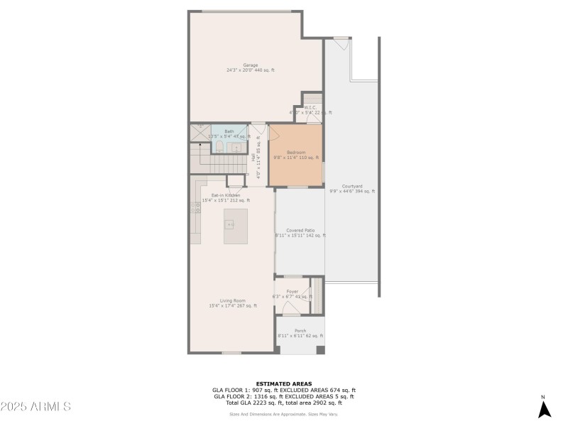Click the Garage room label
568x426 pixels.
click(251, 65)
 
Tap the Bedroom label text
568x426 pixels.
click(296, 152)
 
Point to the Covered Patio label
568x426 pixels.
click(300, 230)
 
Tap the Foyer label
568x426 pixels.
click(292, 291)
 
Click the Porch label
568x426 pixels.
click(300, 330)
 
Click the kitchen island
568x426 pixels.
click(236, 226)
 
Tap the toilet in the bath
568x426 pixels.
click(219, 146)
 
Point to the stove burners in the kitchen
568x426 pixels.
click(195, 207)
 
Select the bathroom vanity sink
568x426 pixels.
click(237, 148)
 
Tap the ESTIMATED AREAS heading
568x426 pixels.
click(283, 383)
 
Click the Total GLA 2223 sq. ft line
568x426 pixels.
click(283, 403)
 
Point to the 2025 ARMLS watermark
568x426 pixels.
click(35, 407)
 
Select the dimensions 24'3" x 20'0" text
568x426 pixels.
click(251, 70)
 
